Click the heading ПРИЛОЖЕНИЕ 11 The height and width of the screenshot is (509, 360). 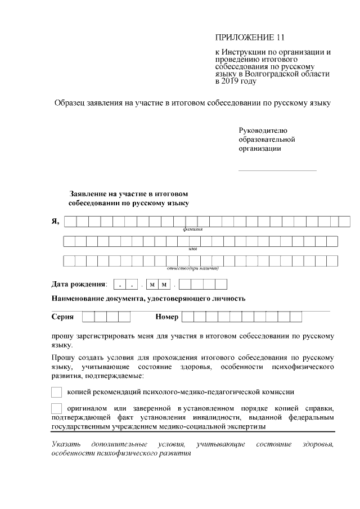click(250, 38)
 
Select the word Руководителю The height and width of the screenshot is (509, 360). click(263, 130)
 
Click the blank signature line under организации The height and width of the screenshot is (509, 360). click(277, 170)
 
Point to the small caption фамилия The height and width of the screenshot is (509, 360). click(192, 231)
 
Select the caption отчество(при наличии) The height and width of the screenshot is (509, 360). click(192, 268)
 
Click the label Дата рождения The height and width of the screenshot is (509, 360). click(79, 284)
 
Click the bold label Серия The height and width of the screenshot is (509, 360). click(62, 317)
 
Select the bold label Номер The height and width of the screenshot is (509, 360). click(167, 317)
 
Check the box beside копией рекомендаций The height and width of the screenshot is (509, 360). click(56, 391)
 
